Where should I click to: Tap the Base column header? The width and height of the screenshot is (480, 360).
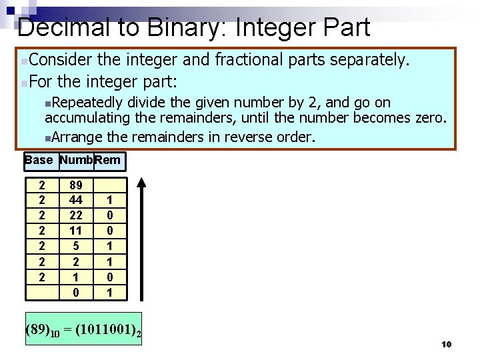click(38, 160)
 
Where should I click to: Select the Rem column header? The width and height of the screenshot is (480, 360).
click(109, 160)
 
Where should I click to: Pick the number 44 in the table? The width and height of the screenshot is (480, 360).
click(75, 201)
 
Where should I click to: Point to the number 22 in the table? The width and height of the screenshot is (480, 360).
click(75, 215)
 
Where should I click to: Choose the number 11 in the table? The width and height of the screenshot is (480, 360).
click(75, 231)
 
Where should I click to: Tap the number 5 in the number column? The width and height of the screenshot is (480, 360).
click(75, 245)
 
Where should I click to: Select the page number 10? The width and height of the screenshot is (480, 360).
click(447, 344)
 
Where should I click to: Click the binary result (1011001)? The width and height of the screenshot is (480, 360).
click(106, 329)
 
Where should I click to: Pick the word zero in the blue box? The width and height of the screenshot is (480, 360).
click(427, 118)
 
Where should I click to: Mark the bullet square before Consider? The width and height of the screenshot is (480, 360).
click(24, 62)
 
